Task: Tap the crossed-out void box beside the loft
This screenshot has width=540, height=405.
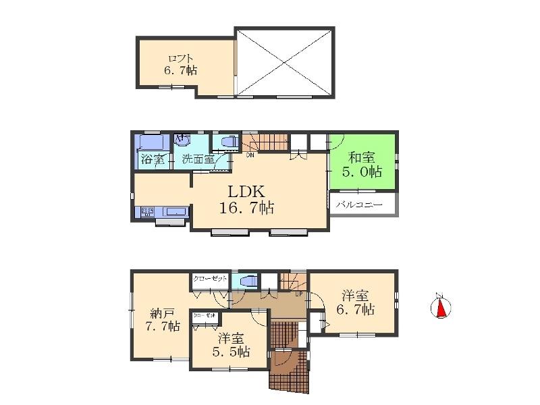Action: click(285, 62)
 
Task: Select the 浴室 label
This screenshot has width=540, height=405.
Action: click(152, 160)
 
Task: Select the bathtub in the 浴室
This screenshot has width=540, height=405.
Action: click(153, 144)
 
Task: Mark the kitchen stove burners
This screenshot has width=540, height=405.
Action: click(147, 212)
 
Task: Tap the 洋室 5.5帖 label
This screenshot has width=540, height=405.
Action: click(231, 345)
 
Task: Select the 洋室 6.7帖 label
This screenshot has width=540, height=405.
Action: click(354, 302)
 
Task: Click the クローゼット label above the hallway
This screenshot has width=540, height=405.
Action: click(210, 278)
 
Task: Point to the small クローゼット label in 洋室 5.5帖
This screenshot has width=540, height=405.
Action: click(205, 315)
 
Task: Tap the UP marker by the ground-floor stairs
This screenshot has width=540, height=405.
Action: click(298, 294)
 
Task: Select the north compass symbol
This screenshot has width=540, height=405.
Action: click(440, 307)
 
